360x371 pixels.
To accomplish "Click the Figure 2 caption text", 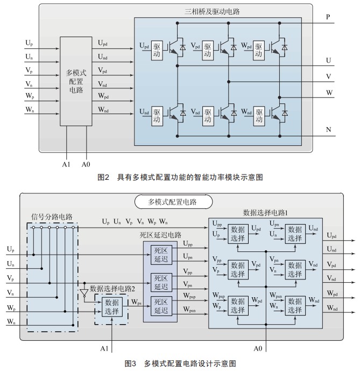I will [180, 177].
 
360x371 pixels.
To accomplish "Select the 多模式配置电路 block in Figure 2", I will [76, 81].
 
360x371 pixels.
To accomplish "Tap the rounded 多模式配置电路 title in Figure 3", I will [173, 202].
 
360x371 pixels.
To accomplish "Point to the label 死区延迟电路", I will [160, 235].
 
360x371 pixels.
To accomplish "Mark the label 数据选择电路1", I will [265, 213].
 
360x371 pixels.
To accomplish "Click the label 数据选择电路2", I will [112, 289].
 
